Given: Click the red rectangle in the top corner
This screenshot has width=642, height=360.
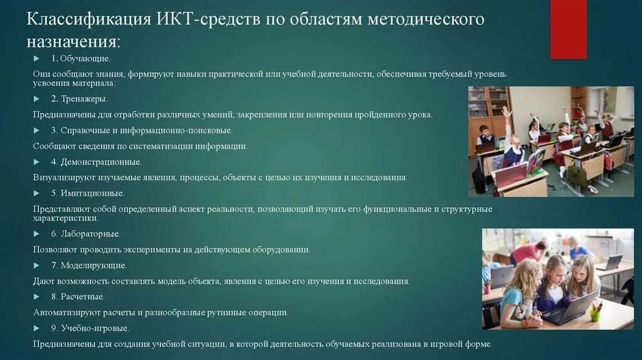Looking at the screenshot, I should [568, 29].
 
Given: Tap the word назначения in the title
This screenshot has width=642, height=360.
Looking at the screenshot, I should [73, 41].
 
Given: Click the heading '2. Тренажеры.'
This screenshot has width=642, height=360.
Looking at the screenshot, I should [80, 98].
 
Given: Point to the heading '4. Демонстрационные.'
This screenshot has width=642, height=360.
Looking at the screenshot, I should [97, 162].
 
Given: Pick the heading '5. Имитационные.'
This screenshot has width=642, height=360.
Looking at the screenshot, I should [88, 193].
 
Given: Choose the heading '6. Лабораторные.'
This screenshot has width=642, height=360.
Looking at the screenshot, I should [86, 234].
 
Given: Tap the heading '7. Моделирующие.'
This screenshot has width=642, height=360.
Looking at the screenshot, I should [89, 265].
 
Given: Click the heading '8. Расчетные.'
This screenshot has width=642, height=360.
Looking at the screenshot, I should [78, 297].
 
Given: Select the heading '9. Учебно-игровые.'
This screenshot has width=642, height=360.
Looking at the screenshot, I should [90, 328].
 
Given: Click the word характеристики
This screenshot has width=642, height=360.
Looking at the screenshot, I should [65, 218].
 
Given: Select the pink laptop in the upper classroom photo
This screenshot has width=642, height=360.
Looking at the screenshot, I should [512, 174].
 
